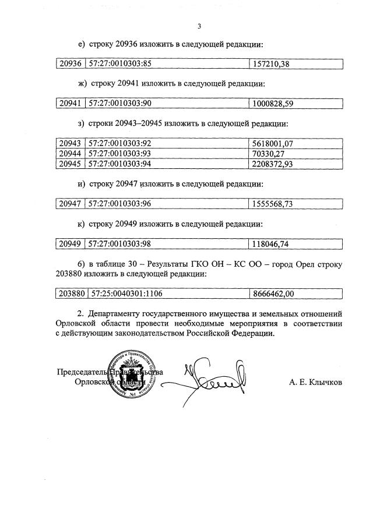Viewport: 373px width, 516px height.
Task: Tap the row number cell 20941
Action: [70, 104]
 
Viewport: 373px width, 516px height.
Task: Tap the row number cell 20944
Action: [70, 154]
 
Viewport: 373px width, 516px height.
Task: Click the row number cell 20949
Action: [70, 243]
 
